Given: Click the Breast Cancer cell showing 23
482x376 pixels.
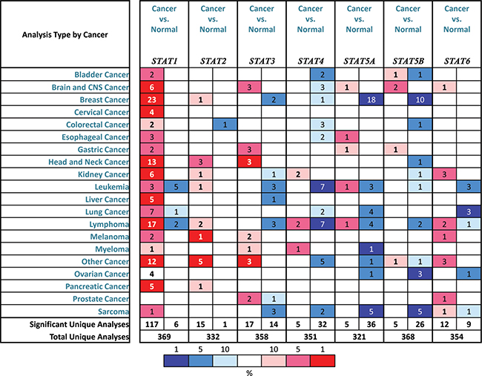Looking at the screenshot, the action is [x=152, y=99].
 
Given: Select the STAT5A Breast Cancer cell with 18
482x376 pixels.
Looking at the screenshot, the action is [x=371, y=99].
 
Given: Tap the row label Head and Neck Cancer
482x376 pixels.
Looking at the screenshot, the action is [x=88, y=162].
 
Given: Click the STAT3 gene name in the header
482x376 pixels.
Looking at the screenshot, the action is [x=262, y=61].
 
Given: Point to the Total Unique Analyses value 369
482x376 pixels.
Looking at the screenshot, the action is [x=164, y=337].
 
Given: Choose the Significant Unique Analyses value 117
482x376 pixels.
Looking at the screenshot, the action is [x=152, y=324].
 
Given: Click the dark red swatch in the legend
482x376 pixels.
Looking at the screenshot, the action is [x=323, y=360].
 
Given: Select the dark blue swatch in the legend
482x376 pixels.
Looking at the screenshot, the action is [x=176, y=360].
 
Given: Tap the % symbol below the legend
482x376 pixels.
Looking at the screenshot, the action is [x=249, y=373].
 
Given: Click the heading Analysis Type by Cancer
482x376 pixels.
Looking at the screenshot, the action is [x=65, y=35].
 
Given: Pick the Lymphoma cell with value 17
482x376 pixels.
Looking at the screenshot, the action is [x=152, y=224].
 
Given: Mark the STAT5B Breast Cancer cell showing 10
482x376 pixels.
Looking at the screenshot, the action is [x=420, y=99].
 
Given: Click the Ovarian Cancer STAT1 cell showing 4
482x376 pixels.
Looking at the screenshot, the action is [x=152, y=274].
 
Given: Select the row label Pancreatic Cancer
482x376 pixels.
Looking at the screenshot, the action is [x=97, y=286].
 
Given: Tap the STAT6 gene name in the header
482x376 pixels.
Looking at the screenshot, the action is [x=457, y=61].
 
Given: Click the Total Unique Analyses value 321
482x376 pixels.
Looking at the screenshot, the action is [x=359, y=337].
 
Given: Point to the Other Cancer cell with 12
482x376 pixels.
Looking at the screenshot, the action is [x=152, y=261].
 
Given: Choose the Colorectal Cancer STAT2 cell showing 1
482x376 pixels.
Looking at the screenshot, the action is [x=225, y=125].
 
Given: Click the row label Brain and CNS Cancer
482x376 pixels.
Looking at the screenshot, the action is [x=90, y=88].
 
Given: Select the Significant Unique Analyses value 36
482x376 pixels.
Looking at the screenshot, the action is [x=371, y=324].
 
